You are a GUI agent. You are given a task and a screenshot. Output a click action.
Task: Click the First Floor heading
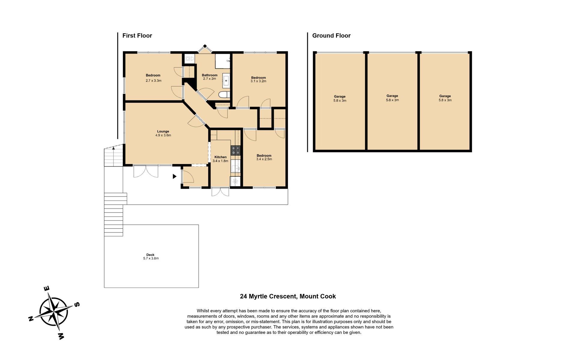pos(137,36)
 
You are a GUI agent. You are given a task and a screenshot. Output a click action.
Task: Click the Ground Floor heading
pos(331,36)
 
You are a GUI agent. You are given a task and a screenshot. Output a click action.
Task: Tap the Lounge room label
pos(163,131)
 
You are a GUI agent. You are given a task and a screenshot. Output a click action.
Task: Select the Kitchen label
pos(220,157)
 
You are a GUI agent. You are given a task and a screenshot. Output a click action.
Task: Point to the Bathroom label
pos(209,75)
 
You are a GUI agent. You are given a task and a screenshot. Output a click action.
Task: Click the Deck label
pos(150,255)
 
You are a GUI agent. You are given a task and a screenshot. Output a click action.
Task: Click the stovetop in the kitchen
pos(235,150)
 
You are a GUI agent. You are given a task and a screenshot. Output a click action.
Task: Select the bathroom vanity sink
pos(226,81)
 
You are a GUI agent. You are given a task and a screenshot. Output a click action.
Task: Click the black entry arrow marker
pos(174,176)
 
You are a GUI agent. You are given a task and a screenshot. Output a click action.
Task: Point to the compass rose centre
pos(54,311)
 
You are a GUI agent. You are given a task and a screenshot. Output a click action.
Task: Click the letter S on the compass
pos(77,304)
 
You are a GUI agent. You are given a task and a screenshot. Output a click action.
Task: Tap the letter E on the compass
pos(47,289)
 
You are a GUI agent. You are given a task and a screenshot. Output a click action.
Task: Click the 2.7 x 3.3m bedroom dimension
pos(154,81)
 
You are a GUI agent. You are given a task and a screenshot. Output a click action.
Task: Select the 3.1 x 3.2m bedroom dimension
pos(258,81)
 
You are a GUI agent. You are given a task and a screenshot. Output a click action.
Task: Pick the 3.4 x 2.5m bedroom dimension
pos(264,159)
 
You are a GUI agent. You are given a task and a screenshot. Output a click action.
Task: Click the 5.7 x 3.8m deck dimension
pos(151,258)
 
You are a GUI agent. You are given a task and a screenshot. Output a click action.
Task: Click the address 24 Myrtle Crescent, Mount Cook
pos(288,296)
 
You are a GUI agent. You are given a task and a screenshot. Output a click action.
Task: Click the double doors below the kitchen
pos(220,192)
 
